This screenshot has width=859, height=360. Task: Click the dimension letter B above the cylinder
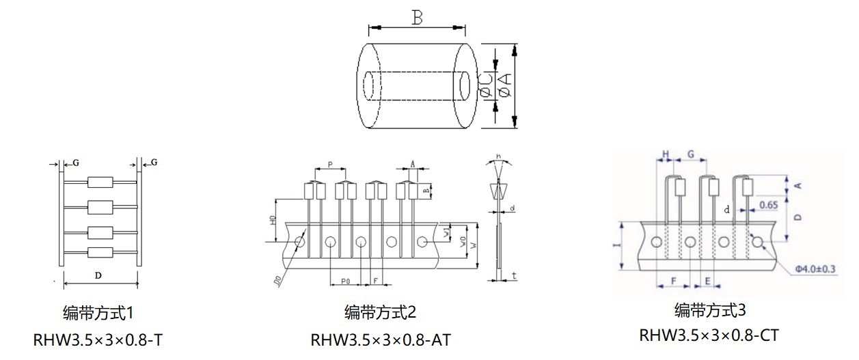click(x=417, y=18)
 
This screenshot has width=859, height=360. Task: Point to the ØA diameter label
click(x=505, y=86)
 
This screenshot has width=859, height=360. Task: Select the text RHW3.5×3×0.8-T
click(x=97, y=340)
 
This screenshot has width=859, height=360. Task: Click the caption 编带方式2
click(x=380, y=313)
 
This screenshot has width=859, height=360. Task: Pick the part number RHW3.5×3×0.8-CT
click(x=709, y=335)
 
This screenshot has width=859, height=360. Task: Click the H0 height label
click(x=272, y=221)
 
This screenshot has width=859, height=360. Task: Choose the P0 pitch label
click(x=345, y=281)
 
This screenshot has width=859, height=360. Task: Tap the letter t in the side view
click(x=513, y=275)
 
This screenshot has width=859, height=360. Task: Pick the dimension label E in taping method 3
click(x=707, y=281)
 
